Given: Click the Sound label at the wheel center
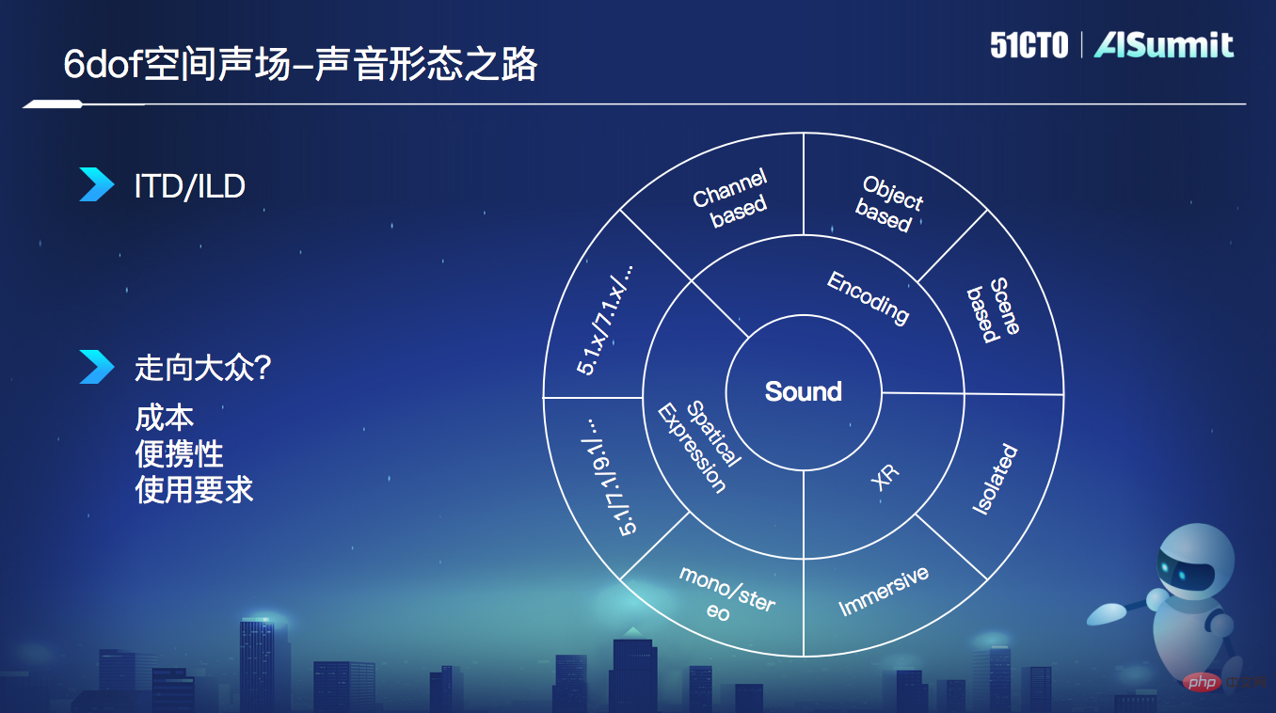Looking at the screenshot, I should (x=803, y=391).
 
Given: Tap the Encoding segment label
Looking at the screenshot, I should (x=868, y=297).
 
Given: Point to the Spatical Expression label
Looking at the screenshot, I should (x=697, y=446).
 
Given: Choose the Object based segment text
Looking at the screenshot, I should (x=888, y=203).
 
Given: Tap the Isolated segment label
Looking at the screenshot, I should (x=995, y=479).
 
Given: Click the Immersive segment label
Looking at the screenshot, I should (x=883, y=591).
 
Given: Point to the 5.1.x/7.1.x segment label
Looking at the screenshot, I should (x=605, y=319).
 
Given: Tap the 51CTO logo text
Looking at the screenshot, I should (x=1029, y=45).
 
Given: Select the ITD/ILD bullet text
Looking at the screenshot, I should (x=189, y=185).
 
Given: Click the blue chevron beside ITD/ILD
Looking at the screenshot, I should (x=96, y=184).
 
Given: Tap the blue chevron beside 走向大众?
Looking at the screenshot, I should (x=96, y=367).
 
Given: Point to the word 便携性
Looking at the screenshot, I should (x=179, y=453).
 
